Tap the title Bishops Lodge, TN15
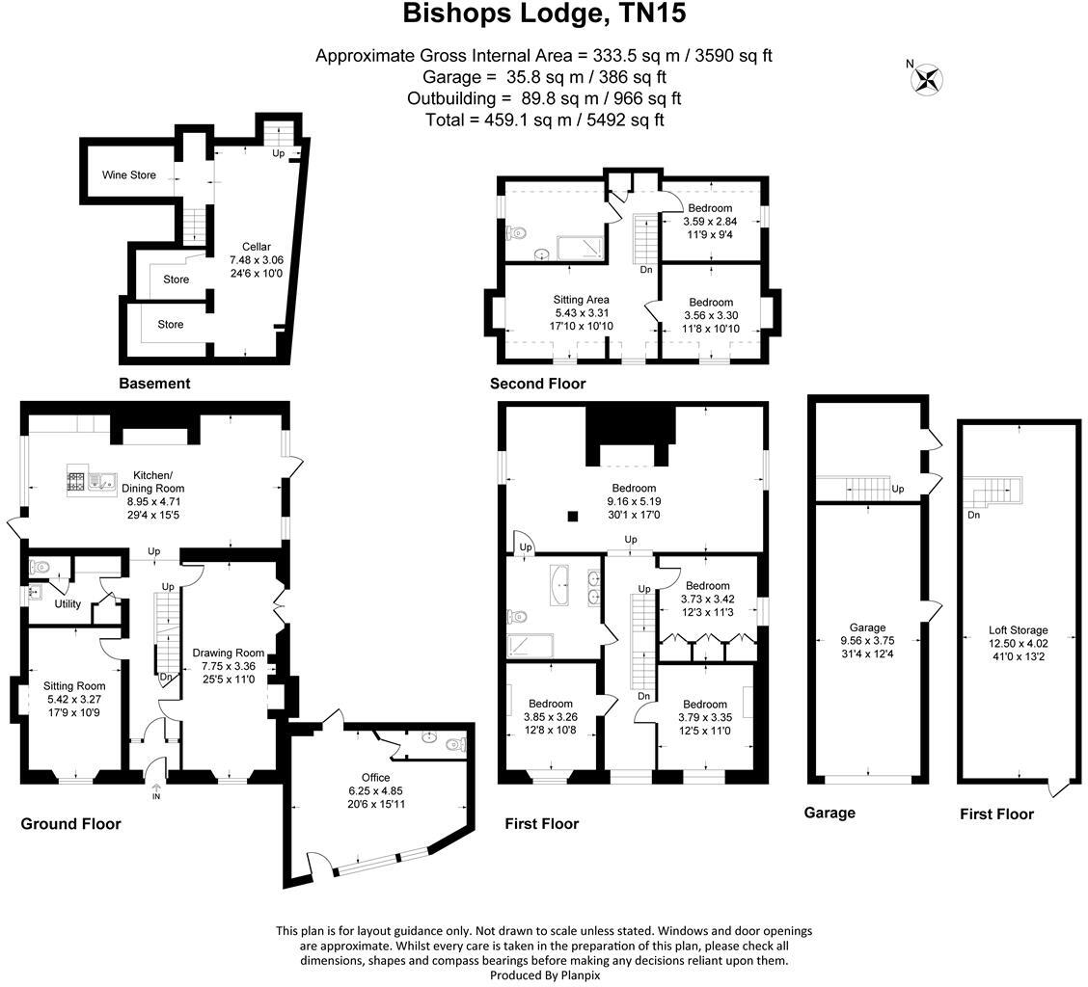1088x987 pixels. pos(544,15)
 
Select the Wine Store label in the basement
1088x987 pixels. pos(129,175)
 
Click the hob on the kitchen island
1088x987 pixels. pos(76,480)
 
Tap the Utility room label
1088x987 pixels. pos(68,604)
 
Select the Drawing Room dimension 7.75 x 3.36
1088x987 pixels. pos(228,666)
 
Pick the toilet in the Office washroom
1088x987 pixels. pos(454,743)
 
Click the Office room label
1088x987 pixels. pos(376,778)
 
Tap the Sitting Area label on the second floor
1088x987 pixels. pos(581,300)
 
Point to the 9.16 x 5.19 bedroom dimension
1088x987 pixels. pos(633,501)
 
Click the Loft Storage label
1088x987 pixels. pos(1018,630)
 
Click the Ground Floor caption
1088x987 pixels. pos(70,824)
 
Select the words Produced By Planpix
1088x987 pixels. pos(544,974)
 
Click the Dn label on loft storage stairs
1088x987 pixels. pos(974,515)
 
